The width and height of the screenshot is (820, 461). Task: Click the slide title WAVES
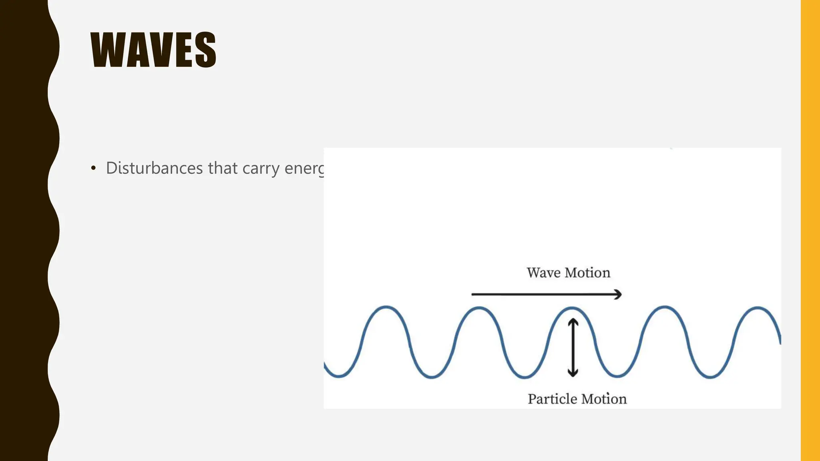pyautogui.click(x=153, y=50)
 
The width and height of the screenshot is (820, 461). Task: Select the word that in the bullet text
pyautogui.click(x=223, y=168)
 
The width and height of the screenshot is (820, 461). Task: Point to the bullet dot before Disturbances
pyautogui.click(x=93, y=168)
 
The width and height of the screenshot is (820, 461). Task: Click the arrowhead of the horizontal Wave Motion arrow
pyautogui.click(x=619, y=295)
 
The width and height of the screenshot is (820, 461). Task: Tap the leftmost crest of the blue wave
pyautogui.click(x=386, y=307)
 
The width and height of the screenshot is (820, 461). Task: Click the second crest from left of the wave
pyautogui.click(x=479, y=308)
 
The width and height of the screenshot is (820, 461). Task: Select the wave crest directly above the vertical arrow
pyautogui.click(x=572, y=308)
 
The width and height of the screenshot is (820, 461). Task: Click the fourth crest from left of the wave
pyautogui.click(x=665, y=307)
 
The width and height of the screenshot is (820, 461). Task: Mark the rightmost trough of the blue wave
pyautogui.click(x=710, y=377)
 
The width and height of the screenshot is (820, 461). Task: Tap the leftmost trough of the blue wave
pyautogui.click(x=339, y=377)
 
